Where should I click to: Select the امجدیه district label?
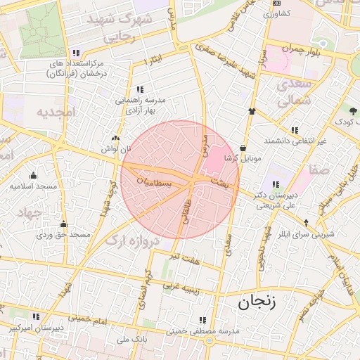click(x=56, y=112)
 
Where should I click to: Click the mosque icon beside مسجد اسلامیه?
click(x=32, y=176)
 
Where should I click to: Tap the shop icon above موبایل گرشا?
click(x=243, y=148)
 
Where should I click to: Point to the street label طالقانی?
click(x=187, y=211)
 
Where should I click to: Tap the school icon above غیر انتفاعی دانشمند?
click(x=294, y=130)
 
